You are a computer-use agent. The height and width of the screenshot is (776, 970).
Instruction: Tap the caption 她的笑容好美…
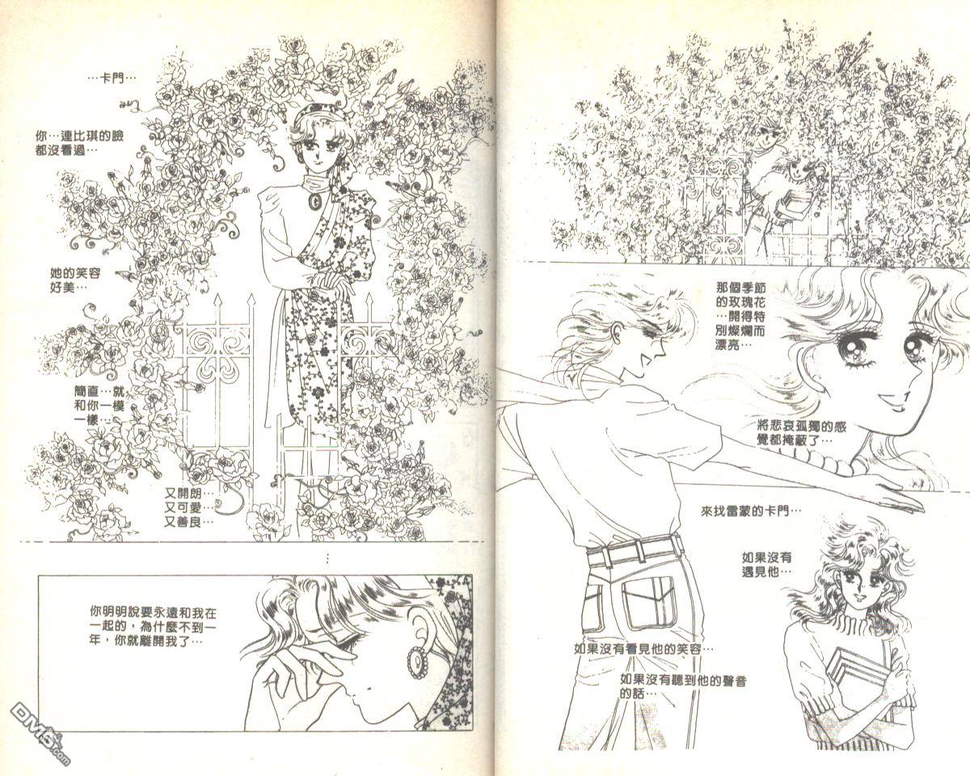[x=75, y=280]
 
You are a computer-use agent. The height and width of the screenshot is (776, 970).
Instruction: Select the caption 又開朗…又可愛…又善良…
[x=188, y=508]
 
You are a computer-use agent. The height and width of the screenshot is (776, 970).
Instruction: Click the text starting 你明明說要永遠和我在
[x=153, y=626]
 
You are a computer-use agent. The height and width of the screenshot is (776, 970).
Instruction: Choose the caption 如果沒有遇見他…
[x=767, y=564]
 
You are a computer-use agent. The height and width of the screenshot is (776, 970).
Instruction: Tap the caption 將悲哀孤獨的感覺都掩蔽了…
[x=801, y=433]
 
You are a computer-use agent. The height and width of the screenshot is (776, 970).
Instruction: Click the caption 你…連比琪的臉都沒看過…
[x=79, y=143]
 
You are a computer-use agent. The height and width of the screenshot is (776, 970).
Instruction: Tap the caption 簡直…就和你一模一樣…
[x=99, y=405]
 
